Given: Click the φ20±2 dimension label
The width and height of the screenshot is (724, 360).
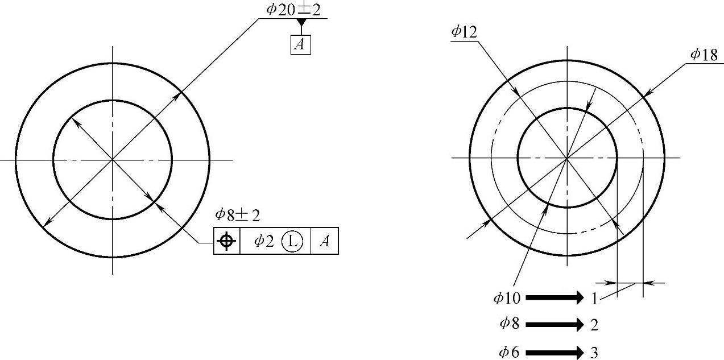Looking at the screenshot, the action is pyautogui.click(x=293, y=10).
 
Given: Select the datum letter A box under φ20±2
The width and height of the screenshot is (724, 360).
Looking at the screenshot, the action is pyautogui.click(x=301, y=44).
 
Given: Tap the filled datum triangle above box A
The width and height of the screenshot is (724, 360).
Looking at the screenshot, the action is pyautogui.click(x=302, y=22).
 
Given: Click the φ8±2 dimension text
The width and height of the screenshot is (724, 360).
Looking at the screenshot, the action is pyautogui.click(x=238, y=215).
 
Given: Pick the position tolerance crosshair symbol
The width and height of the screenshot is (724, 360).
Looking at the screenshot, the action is pyautogui.click(x=226, y=241).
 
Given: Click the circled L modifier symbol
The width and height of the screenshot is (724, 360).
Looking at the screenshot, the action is pyautogui.click(x=292, y=241).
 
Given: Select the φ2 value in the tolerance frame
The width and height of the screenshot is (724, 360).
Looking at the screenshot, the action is pyautogui.click(x=264, y=241).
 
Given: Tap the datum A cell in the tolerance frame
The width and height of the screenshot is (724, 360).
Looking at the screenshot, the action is pyautogui.click(x=325, y=241).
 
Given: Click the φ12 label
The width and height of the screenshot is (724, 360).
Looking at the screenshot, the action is pyautogui.click(x=465, y=32).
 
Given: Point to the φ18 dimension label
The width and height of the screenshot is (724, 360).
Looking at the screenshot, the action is pyautogui.click(x=704, y=55).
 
